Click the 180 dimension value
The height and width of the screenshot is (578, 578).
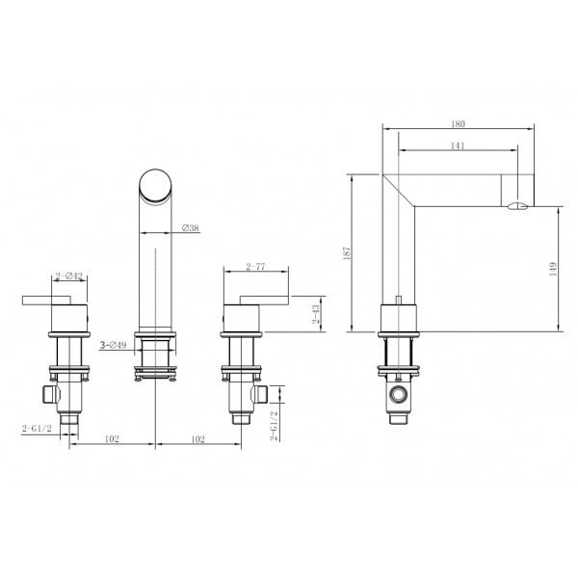coord(458,124)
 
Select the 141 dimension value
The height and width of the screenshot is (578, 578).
coord(458,145)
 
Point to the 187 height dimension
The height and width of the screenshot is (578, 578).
coord(347,253)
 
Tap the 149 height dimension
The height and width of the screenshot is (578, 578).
coord(553,269)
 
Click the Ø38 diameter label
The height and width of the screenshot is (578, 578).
coord(190,227)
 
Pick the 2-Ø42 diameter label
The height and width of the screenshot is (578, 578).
coord(69,276)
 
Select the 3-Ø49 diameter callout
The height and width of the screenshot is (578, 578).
coord(113,345)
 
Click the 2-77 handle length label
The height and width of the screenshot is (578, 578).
coord(255,266)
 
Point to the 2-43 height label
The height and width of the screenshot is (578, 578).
coord(316,314)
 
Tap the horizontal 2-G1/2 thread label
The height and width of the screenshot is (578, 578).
coord(37,429)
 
